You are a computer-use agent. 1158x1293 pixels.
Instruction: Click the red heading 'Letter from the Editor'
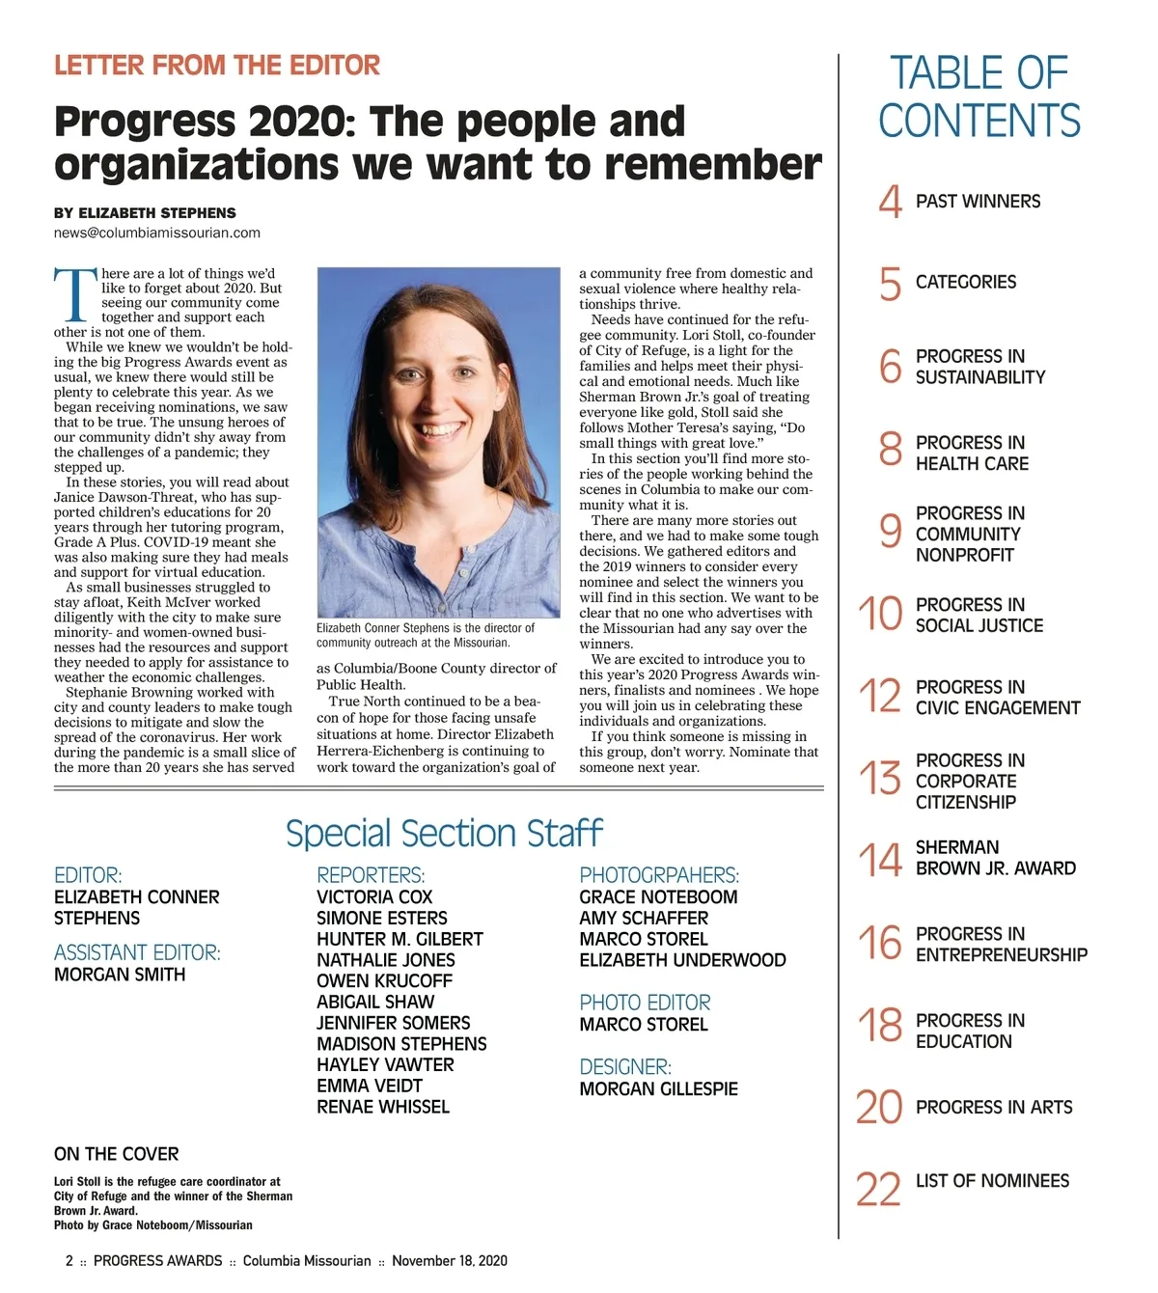coord(217,66)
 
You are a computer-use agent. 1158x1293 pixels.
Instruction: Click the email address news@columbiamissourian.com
coord(157,233)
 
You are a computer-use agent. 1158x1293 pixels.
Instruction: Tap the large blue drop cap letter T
coord(75,294)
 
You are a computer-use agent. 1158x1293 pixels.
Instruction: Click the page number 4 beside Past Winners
coord(890,202)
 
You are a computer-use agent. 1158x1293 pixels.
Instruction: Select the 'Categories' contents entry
coord(965,282)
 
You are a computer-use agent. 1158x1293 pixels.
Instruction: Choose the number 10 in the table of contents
coord(880,614)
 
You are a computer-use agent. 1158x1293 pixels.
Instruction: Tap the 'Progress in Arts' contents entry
coord(993,1107)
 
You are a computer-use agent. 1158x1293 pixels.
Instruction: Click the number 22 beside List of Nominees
coord(878,1189)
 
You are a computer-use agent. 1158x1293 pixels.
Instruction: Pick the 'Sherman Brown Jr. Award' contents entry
coord(995,858)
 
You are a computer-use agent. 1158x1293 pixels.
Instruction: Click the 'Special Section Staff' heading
coord(444,834)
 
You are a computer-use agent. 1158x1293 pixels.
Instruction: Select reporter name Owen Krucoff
coord(384,980)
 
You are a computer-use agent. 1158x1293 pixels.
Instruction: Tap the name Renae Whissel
coord(383,1107)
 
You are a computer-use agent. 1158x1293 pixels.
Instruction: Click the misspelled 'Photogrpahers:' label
coord(659,875)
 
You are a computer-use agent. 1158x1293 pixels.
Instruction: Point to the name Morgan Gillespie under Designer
coord(658,1088)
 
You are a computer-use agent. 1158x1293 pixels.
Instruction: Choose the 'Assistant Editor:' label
coord(137,952)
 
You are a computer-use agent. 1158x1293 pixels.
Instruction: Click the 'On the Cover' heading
coord(116,1154)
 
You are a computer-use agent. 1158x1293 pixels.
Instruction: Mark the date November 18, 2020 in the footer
coord(449,1260)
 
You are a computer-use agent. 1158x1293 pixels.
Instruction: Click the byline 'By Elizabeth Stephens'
coord(145,212)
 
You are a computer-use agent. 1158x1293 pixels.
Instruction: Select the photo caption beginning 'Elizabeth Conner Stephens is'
coord(426,635)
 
